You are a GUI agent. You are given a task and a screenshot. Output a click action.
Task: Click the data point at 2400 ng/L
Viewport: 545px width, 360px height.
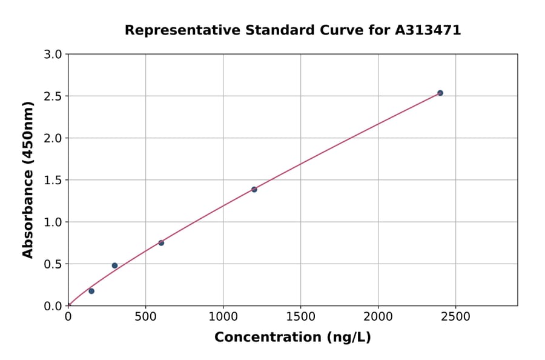coord(440,93)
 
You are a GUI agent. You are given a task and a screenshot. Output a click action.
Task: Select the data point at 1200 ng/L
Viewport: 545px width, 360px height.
coord(254,190)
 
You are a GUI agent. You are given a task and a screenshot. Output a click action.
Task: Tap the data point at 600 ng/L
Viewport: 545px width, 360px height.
coord(161,243)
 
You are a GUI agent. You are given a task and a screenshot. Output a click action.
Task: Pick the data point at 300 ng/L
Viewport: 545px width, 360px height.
coord(114,265)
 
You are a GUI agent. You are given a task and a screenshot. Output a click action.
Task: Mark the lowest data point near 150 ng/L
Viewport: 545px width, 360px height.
coord(91,291)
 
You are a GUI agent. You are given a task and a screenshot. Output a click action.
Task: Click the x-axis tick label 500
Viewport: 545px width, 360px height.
coord(145,316)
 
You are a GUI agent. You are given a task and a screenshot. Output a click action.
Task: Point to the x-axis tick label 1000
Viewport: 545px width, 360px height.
coord(223,316)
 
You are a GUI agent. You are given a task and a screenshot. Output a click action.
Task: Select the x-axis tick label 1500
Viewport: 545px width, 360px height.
coord(300,316)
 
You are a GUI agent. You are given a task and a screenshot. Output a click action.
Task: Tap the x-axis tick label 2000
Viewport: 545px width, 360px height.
coord(378,316)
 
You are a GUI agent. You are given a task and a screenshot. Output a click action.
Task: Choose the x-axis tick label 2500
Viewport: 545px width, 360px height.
coord(455,316)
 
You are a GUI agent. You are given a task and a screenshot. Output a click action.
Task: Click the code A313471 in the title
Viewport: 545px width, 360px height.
coord(428,30)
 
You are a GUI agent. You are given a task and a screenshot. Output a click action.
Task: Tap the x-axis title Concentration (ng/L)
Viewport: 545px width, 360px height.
coord(292,337)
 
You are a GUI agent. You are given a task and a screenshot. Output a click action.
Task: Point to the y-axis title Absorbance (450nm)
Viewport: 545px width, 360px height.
coord(28,179)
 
